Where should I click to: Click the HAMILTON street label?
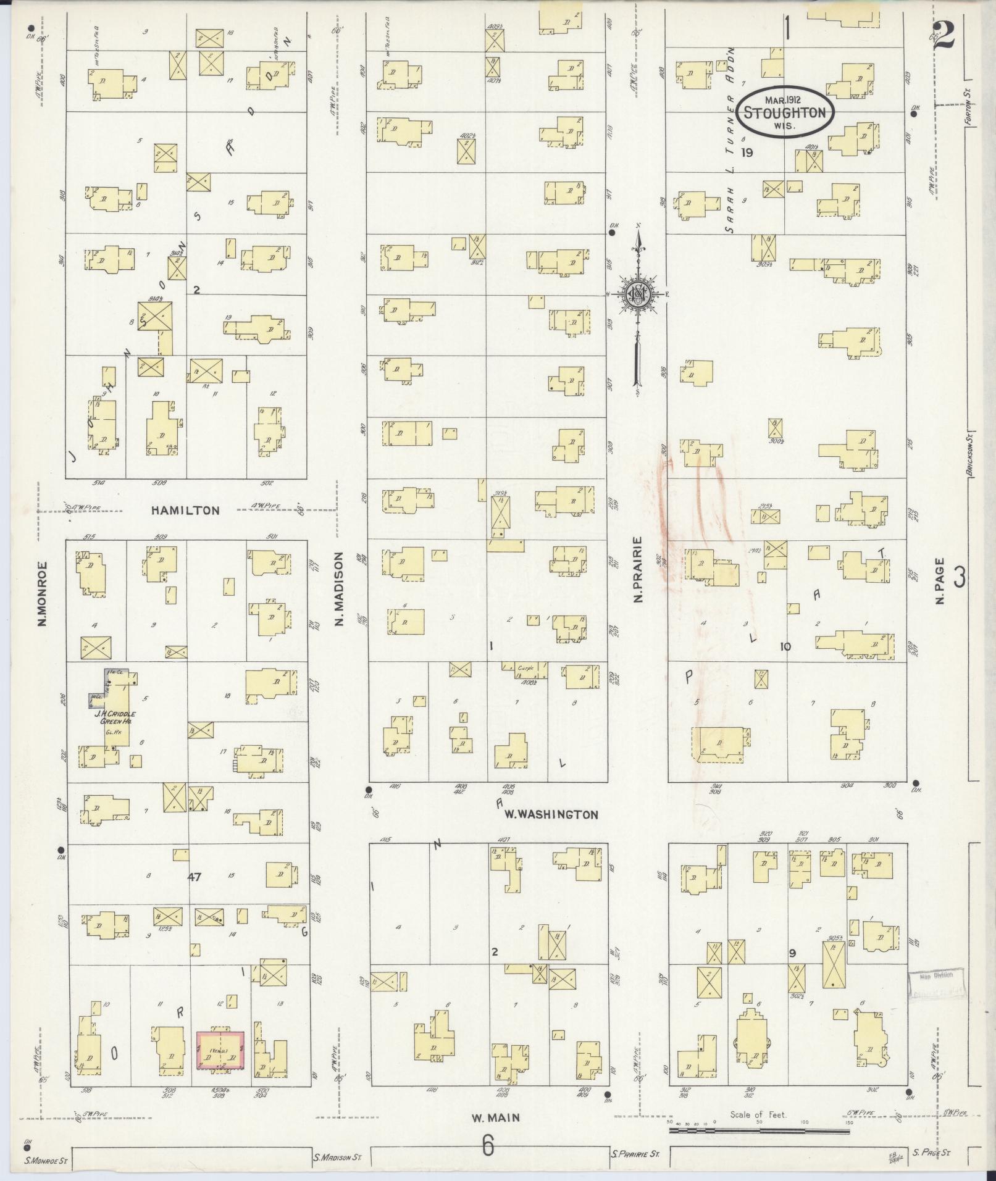[185, 511]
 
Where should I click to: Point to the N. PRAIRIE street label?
[638, 570]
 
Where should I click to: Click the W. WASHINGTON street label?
[551, 814]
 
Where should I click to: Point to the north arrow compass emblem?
[636, 296]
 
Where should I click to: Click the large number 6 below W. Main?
[488, 1146]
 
